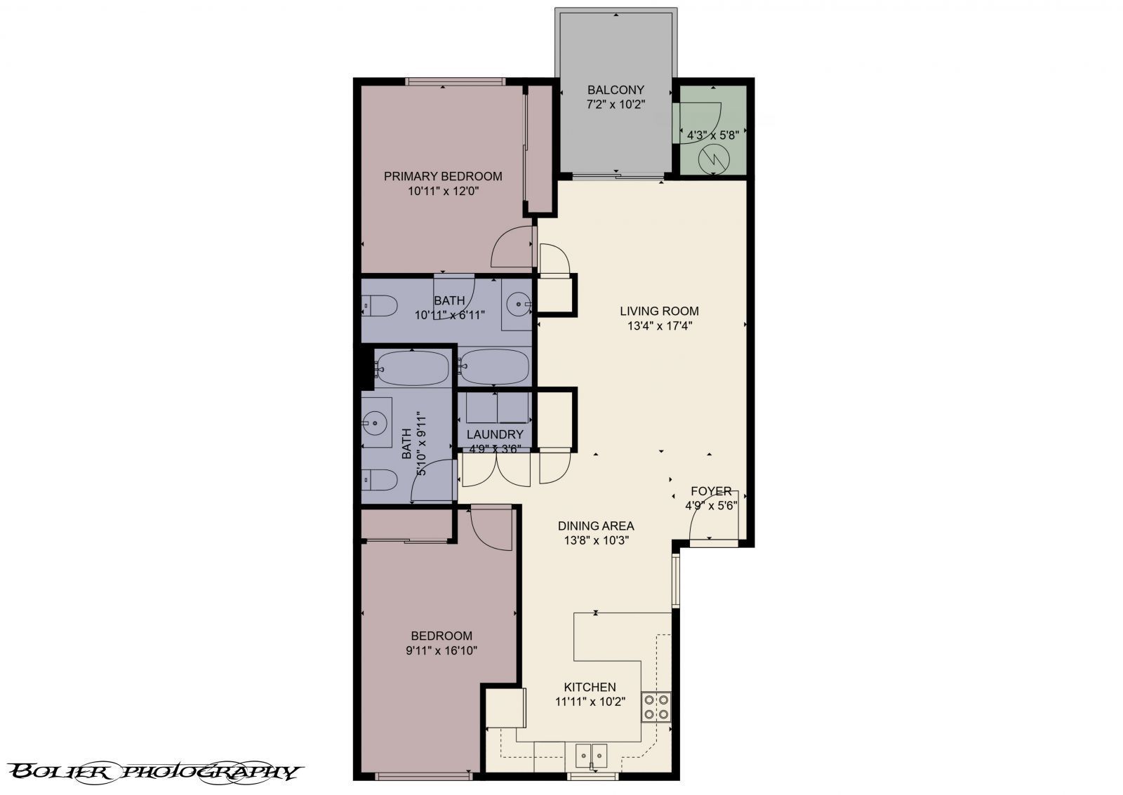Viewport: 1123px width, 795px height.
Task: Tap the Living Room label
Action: coord(659,311)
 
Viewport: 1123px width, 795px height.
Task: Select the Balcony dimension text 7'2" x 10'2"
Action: coord(616,105)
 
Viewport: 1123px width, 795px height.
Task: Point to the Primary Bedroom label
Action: coord(443,176)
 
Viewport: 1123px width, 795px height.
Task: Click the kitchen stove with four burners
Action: coord(656,707)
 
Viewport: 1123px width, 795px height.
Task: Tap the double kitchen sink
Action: coord(592,755)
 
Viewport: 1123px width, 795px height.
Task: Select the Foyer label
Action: coord(711,491)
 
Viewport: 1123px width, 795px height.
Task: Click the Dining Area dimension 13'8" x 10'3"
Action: coord(595,540)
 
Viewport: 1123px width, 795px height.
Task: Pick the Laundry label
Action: coord(495,434)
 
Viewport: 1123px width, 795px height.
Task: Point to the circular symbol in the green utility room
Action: coord(714,159)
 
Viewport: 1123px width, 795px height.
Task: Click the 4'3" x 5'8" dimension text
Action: coord(712,135)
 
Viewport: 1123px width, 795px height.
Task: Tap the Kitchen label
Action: coord(590,687)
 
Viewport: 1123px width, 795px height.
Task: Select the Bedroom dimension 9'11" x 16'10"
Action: coord(441,650)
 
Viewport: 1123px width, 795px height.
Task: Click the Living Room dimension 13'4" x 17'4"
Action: coord(659,326)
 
